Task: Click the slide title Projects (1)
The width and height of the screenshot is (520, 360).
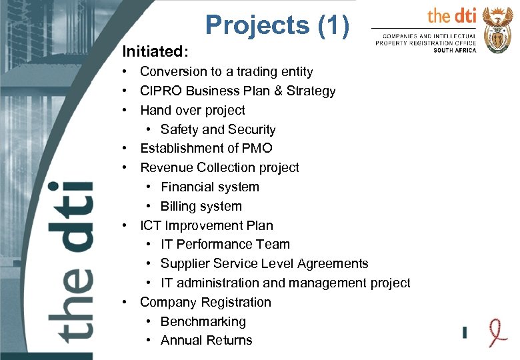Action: coord(277,25)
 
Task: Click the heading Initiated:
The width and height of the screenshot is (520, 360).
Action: coord(155,51)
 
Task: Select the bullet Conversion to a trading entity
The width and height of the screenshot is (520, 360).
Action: coord(226,72)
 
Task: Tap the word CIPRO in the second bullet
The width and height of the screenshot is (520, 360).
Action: coord(159,91)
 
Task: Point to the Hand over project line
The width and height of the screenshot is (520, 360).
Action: coord(192,111)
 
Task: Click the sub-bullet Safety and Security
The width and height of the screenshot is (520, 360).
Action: coord(217,130)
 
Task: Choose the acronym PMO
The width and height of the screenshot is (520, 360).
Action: coord(258,149)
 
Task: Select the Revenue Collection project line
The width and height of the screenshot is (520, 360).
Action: coord(219,168)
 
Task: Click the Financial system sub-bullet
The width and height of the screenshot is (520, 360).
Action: coord(209,187)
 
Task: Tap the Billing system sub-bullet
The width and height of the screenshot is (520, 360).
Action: coord(201,207)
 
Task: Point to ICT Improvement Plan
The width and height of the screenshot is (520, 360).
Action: coord(206,226)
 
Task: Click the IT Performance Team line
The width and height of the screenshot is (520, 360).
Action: coord(225,245)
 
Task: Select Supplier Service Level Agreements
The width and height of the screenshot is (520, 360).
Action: coord(264,264)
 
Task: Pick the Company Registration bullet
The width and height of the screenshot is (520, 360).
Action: coord(205,303)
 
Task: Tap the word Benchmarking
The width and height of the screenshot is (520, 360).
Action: coord(203,322)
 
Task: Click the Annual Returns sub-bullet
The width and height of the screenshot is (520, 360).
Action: coord(206,341)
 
